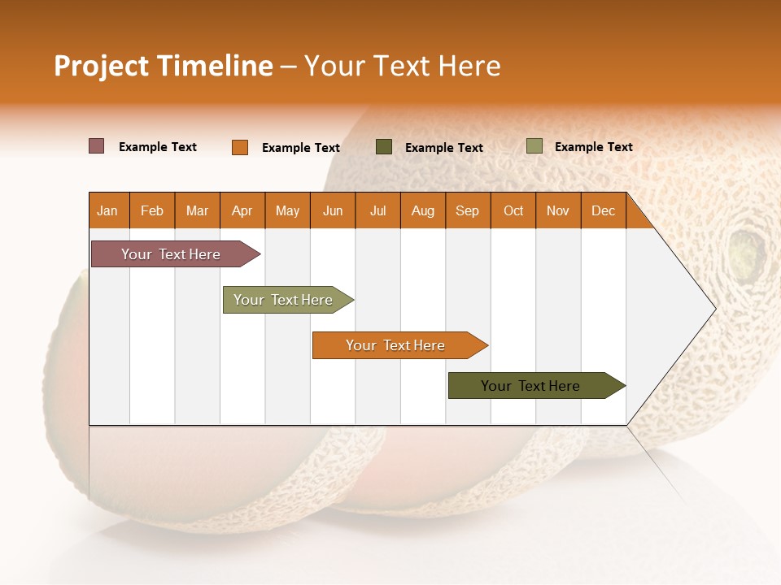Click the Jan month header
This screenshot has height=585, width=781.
pyautogui.click(x=107, y=210)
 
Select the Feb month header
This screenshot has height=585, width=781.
pyautogui.click(x=152, y=210)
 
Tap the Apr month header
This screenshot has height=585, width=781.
pyautogui.click(x=242, y=210)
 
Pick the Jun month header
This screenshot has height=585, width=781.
pyautogui.click(x=333, y=210)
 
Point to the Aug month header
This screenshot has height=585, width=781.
pyautogui.click(x=422, y=210)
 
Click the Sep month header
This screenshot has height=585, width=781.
pyautogui.click(x=467, y=210)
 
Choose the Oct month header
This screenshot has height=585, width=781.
pyautogui.click(x=513, y=210)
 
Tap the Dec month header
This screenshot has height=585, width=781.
pyautogui.click(x=603, y=210)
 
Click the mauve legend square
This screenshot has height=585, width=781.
pyautogui.click(x=97, y=146)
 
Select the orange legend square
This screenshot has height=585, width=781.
pyautogui.click(x=240, y=147)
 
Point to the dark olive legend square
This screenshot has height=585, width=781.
pyautogui.click(x=384, y=146)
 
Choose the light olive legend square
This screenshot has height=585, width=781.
pyautogui.click(x=534, y=146)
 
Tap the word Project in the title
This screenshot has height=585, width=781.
pyautogui.click(x=102, y=66)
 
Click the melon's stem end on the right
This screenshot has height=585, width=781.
pyautogui.click(x=744, y=245)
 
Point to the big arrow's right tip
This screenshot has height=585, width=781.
pyautogui.click(x=714, y=309)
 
